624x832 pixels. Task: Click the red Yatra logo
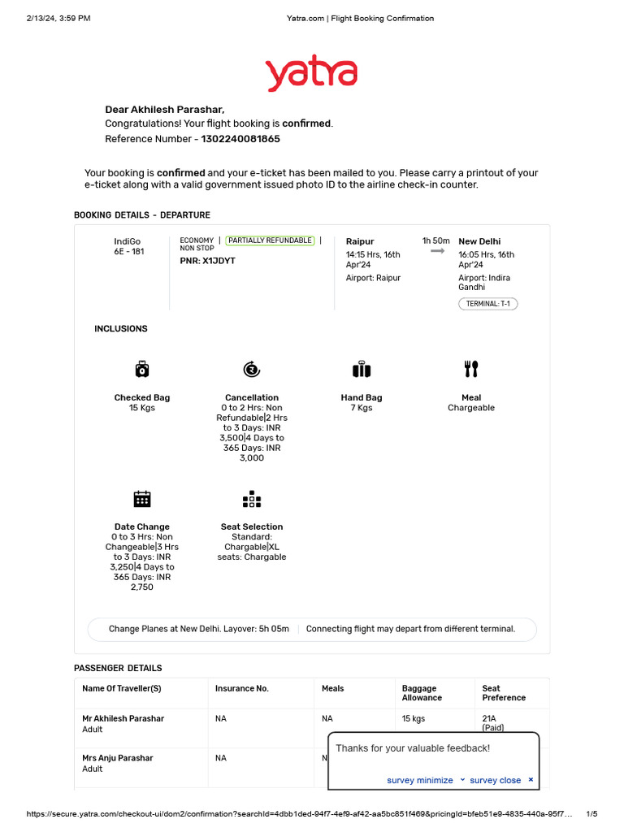311,74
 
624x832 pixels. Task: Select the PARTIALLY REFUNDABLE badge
270,240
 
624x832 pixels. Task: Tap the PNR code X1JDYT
207,261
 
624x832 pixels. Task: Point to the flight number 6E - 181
128,252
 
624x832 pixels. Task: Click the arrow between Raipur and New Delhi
437,252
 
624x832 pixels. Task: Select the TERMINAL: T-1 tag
487,304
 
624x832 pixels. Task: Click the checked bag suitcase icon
142,370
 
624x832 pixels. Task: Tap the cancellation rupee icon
251,370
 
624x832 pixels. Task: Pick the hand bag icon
362,370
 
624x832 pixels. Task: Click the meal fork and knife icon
471,370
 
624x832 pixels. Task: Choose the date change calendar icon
142,499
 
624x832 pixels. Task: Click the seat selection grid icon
251,499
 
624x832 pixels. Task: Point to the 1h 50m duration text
435,240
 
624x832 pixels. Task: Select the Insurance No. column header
241,688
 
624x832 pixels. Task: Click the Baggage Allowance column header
422,693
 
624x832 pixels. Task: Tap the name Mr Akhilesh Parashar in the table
123,718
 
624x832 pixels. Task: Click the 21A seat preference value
490,718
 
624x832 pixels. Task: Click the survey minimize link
420,780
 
